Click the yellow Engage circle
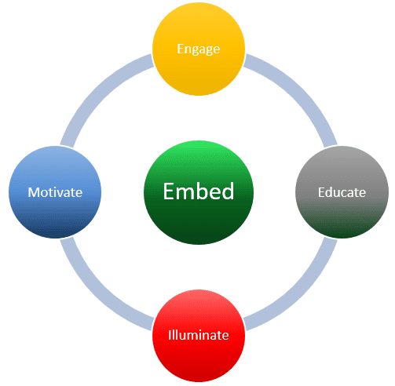coord(199,49)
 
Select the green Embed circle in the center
coord(199,192)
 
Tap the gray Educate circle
coord(342,192)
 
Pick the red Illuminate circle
coord(199,336)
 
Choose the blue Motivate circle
coord(55,192)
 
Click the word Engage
coord(199,49)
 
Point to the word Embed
coord(199,191)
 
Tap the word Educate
coord(342,192)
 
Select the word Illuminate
coord(199,335)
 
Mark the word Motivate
coord(55,192)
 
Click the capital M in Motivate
coord(33,192)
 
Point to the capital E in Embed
coord(169,191)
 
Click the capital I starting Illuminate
coord(170,335)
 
